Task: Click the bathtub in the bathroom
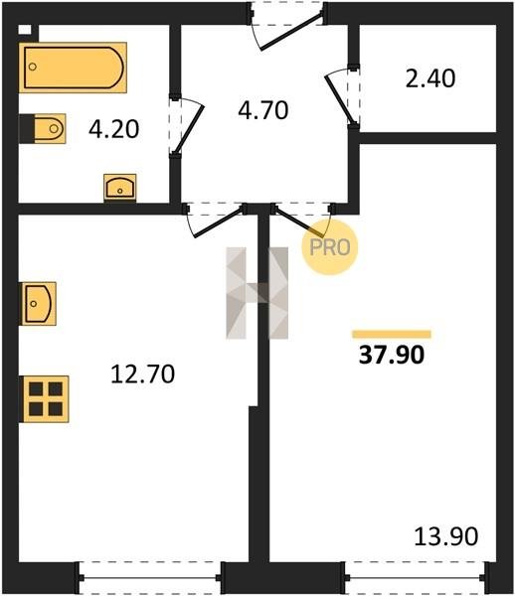pos(73,68)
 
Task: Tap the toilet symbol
pos(43,128)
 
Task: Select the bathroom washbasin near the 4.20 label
pos(120,187)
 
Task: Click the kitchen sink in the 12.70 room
pos(38,303)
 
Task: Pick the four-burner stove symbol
pos(45,398)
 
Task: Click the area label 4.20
pos(114,129)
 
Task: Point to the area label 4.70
pos(263,110)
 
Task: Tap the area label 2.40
pos(430,78)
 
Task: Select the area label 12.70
pos(142,373)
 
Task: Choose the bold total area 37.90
pos(392,355)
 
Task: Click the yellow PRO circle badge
pos(330,247)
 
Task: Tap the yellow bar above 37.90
pos(392,334)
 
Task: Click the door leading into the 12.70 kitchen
pos(218,223)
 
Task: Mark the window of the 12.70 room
pos(150,577)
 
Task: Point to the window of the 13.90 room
pos(417,577)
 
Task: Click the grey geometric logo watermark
pos(257,293)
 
